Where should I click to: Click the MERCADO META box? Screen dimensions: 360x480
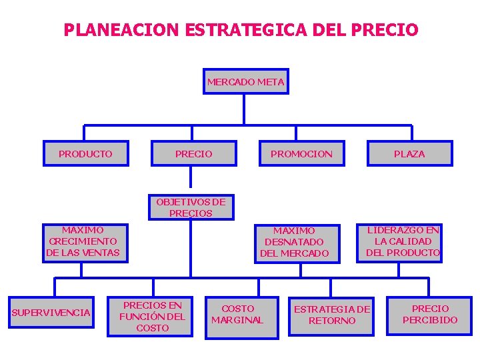click(x=245, y=82)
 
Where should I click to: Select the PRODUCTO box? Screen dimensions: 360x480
click(x=85, y=153)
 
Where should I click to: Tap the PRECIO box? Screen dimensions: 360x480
click(x=193, y=153)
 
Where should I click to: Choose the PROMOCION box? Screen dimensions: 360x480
click(x=301, y=153)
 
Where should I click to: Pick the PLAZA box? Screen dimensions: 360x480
click(x=409, y=153)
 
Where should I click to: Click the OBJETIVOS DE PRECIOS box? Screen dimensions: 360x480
click(x=191, y=207)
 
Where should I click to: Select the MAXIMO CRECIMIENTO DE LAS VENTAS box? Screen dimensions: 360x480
click(x=83, y=241)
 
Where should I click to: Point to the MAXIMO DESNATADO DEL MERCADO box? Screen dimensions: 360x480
click(x=294, y=242)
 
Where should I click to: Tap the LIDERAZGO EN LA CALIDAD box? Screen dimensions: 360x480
click(x=403, y=241)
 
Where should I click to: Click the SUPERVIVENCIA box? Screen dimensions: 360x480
click(x=51, y=313)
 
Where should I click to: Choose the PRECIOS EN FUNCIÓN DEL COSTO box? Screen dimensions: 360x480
click(x=153, y=316)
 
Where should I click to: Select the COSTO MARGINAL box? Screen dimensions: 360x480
click(x=237, y=314)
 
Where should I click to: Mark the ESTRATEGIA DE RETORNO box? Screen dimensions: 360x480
click(x=332, y=314)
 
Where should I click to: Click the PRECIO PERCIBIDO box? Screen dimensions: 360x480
click(x=430, y=314)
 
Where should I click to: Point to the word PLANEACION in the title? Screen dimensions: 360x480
click(x=121, y=30)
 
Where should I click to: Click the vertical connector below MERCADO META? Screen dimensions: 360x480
click(x=245, y=109)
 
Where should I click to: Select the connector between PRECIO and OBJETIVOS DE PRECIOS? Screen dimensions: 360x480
click(x=191, y=177)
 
